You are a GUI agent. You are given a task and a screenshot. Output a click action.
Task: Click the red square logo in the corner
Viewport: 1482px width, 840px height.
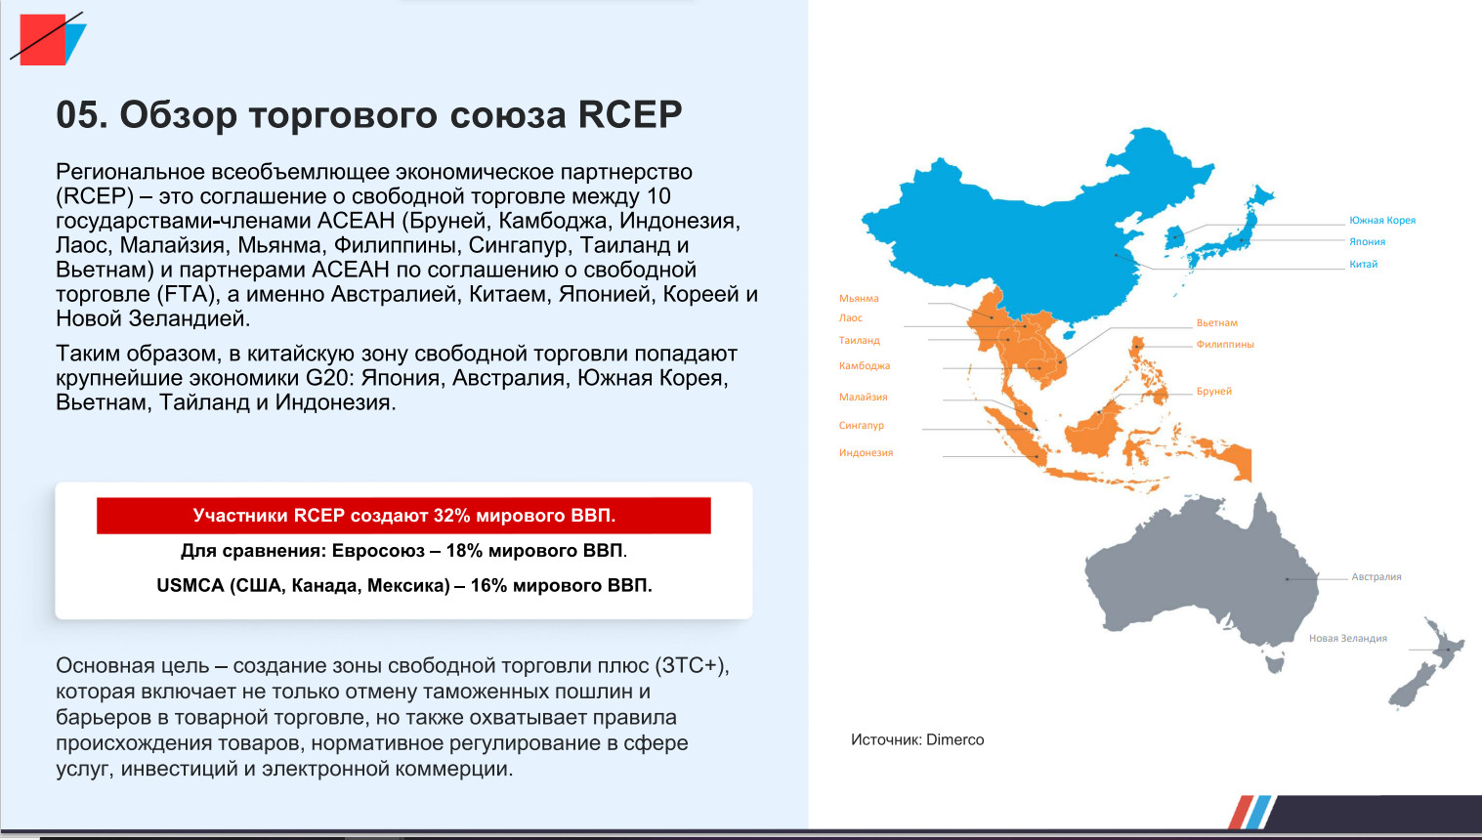tap(43, 40)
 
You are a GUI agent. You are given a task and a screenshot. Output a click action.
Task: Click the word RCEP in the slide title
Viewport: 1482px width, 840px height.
tap(630, 114)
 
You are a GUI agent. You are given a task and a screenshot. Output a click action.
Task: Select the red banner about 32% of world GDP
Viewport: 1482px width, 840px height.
tap(403, 516)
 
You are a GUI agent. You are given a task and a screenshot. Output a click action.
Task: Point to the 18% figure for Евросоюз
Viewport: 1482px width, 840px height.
tap(464, 550)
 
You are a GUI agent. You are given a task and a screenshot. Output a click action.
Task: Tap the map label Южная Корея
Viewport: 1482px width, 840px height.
tap(1382, 220)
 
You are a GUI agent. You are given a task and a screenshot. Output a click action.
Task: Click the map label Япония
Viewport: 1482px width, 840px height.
tap(1367, 242)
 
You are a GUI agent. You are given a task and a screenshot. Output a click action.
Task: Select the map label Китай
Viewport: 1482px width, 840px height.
tap(1363, 265)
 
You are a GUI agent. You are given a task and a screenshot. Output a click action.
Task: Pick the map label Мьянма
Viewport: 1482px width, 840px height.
tap(859, 298)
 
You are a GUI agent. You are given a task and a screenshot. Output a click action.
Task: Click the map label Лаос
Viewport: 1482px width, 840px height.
tap(850, 317)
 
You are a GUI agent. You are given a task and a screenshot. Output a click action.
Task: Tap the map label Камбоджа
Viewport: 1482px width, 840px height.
tap(864, 365)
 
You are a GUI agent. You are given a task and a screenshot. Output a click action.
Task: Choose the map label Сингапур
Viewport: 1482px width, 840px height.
tap(862, 425)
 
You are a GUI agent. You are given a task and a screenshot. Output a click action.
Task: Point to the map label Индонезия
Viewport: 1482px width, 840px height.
tap(866, 453)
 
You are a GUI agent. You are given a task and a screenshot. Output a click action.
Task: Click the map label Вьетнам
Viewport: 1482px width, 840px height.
tap(1216, 322)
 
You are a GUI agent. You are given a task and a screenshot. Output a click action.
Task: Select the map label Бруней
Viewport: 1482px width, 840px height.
tap(1214, 392)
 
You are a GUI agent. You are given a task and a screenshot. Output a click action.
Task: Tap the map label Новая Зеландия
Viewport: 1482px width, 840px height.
tap(1348, 638)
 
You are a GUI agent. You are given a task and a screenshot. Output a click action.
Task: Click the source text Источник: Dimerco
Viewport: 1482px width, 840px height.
tap(917, 739)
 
